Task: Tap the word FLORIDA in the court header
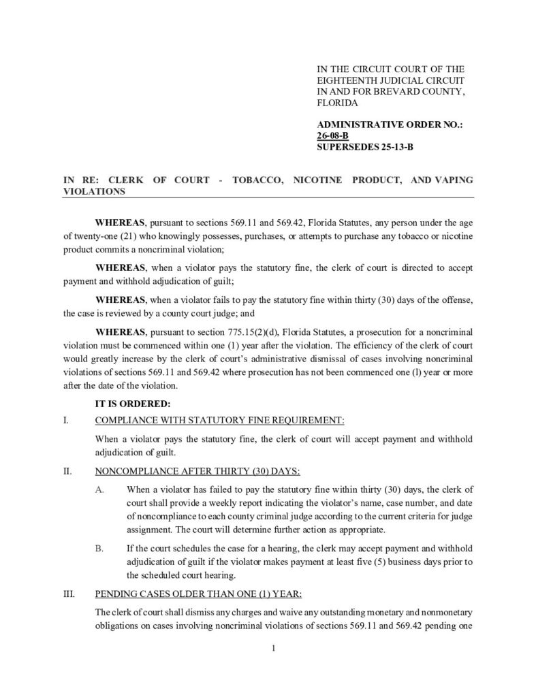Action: point(338,103)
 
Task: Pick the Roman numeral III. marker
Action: point(68,593)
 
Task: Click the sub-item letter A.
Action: point(101,489)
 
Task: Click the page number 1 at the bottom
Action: point(272,648)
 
